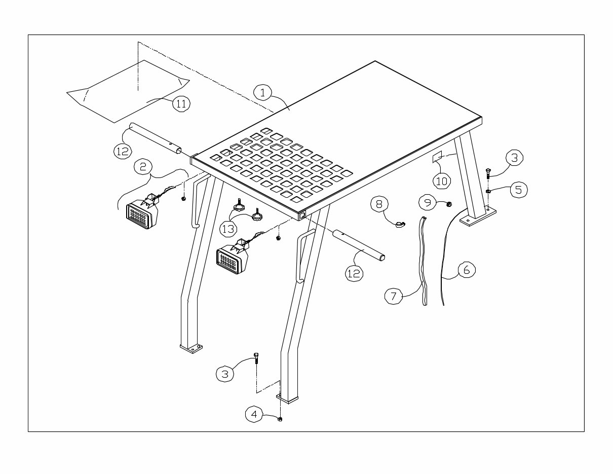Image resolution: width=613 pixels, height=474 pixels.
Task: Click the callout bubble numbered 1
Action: click(262, 92)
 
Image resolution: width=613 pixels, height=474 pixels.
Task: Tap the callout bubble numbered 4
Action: click(255, 414)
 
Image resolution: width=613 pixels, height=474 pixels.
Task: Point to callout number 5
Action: click(518, 190)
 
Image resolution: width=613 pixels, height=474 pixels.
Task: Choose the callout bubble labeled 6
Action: click(467, 270)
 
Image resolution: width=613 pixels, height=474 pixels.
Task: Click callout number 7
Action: click(394, 296)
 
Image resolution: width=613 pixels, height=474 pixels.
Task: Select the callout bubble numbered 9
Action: click(428, 203)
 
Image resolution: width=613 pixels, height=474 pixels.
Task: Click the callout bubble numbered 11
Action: click(181, 103)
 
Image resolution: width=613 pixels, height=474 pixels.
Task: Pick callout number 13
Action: click(228, 229)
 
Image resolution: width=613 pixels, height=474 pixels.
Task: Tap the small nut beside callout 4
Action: click(280, 419)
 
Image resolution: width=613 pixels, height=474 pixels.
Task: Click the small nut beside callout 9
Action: click(449, 204)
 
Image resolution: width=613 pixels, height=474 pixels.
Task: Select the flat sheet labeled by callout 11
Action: click(127, 91)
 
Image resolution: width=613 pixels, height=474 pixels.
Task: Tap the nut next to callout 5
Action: click(488, 191)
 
